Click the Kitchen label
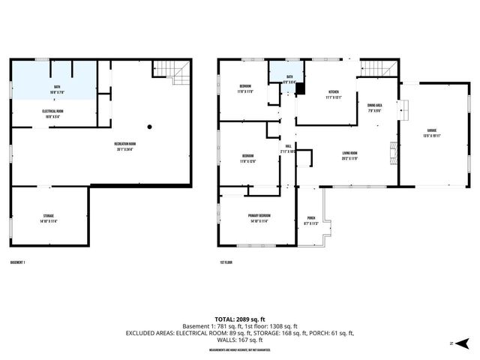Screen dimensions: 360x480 334,94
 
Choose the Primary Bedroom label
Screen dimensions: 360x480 259,217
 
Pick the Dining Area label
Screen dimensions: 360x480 375,107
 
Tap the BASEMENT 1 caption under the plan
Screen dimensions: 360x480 19,263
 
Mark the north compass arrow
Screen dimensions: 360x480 462,343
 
